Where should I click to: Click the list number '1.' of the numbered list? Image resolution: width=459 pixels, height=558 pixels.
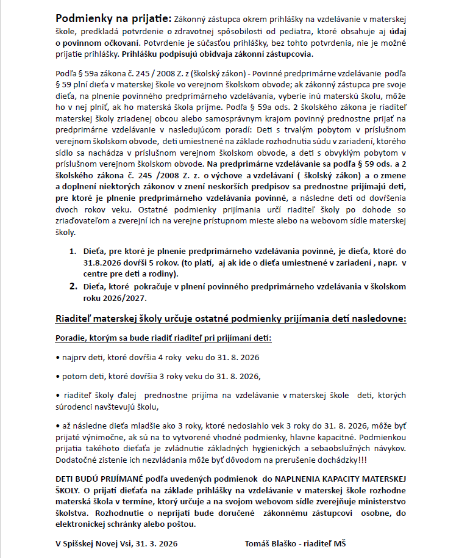pyautogui.click(x=72, y=251)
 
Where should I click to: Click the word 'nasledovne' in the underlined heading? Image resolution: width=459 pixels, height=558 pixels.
pyautogui.click(x=378, y=319)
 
